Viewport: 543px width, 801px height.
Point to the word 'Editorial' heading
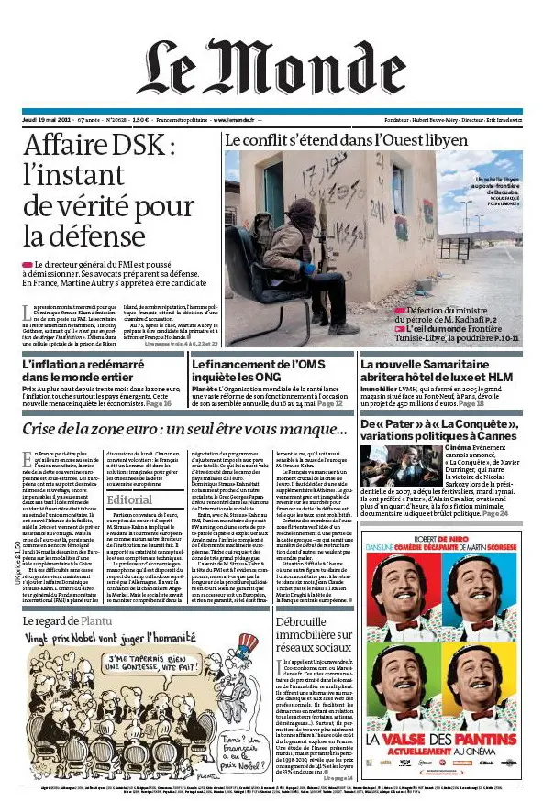click(129, 499)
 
